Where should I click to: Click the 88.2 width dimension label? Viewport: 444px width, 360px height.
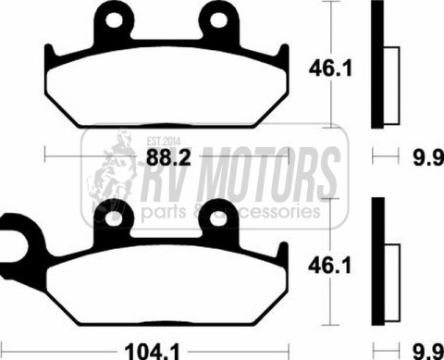click(x=168, y=157)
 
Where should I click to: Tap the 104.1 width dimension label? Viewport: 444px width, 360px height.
click(x=152, y=352)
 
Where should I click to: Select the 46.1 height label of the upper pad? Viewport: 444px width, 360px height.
click(x=330, y=68)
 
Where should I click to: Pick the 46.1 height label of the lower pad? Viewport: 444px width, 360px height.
click(x=329, y=266)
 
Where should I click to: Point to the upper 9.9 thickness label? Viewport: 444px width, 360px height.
click(x=428, y=157)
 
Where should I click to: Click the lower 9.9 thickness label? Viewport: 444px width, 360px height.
click(x=428, y=352)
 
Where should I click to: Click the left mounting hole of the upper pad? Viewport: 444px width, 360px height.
click(x=114, y=20)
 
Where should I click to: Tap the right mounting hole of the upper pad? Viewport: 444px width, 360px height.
click(x=218, y=20)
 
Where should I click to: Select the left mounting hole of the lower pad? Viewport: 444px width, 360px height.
click(x=113, y=219)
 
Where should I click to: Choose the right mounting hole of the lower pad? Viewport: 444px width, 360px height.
click(x=218, y=219)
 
